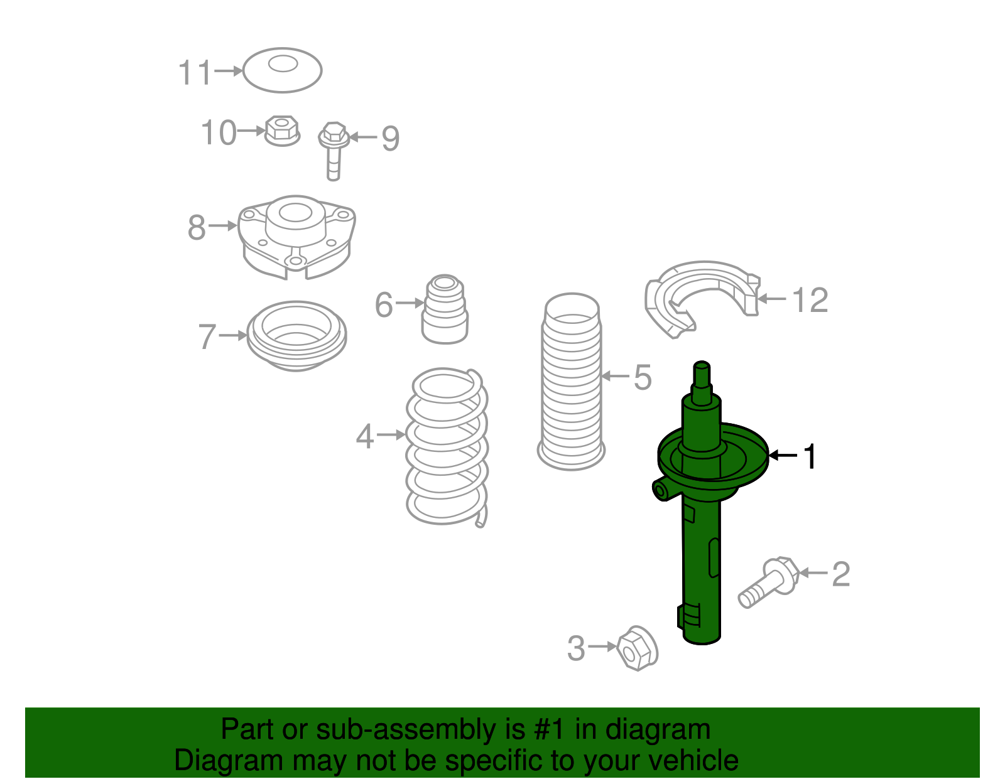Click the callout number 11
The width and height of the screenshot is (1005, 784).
click(x=195, y=73)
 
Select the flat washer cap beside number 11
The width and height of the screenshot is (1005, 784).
click(x=282, y=70)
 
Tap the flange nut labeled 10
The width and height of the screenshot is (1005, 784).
click(x=282, y=131)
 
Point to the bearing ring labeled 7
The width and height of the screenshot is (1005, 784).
click(x=296, y=336)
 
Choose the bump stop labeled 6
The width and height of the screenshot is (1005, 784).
click(x=445, y=309)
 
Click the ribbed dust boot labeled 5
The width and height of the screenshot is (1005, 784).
click(x=571, y=382)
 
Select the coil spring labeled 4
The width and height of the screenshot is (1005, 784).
click(x=447, y=447)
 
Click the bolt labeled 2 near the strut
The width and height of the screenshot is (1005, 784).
click(x=768, y=583)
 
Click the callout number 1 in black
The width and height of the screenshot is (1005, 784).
click(x=810, y=456)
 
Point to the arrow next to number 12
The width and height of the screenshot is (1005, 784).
click(x=771, y=299)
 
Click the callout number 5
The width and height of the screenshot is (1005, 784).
click(x=643, y=377)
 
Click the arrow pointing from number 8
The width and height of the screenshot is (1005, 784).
click(x=222, y=225)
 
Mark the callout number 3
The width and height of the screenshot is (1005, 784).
click(x=576, y=648)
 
